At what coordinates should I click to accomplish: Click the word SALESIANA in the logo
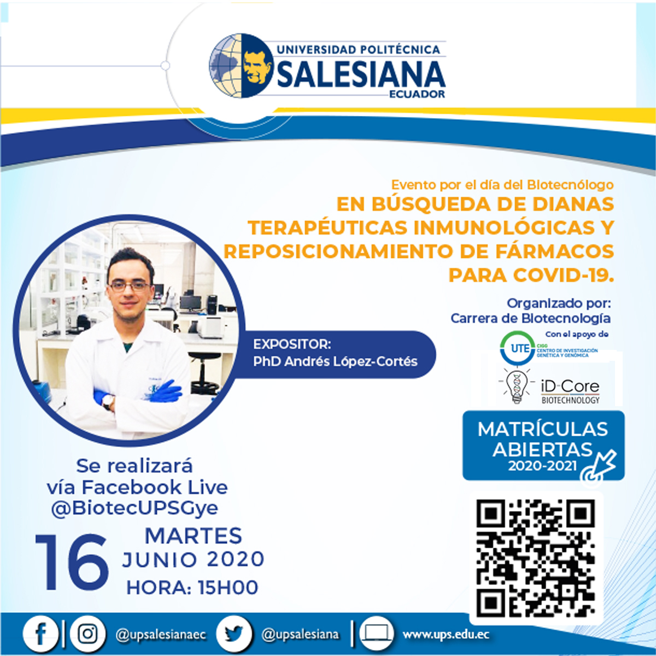(x=361, y=74)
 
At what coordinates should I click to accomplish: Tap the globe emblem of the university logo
(x=241, y=66)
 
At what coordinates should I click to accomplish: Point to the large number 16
(x=72, y=563)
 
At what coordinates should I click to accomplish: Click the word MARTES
(x=194, y=536)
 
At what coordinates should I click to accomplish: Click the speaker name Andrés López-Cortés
(x=350, y=361)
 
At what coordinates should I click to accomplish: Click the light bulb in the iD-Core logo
(x=517, y=386)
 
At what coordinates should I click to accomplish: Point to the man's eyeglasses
(x=130, y=286)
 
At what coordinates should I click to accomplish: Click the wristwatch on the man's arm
(x=108, y=401)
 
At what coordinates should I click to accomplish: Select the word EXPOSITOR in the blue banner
(x=292, y=344)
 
